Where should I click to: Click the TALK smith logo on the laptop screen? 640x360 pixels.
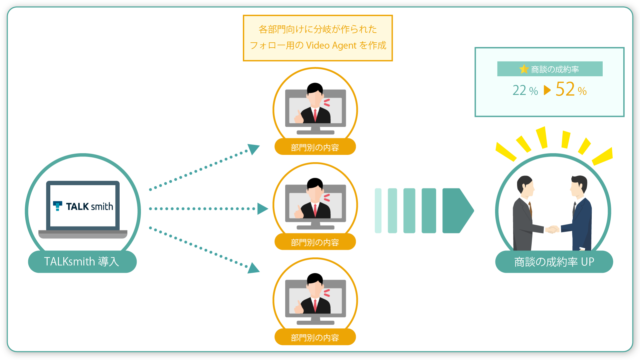83,206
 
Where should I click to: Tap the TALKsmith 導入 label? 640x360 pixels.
82,262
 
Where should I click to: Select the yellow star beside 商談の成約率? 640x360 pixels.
524,69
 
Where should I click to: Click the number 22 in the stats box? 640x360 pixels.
519,90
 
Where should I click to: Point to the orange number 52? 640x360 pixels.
565,89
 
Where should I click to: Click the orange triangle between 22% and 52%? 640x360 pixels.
547,90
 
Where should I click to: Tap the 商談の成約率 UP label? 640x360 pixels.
554,262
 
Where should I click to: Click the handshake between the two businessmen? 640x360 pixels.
552,229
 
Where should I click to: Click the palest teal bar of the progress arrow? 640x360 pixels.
378,211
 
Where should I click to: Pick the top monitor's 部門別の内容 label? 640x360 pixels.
315,147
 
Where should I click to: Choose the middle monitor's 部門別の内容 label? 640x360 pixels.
315,242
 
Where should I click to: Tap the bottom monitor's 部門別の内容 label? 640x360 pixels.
315,337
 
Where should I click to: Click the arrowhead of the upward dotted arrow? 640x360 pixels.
254,149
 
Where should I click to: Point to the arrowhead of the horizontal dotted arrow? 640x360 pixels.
263,209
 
